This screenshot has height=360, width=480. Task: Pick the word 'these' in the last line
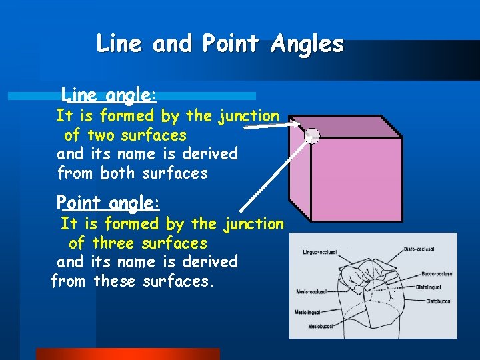point(115,281)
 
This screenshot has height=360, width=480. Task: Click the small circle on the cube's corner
point(312,137)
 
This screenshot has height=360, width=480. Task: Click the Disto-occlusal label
point(421,249)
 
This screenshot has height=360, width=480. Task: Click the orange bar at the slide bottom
point(127,354)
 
